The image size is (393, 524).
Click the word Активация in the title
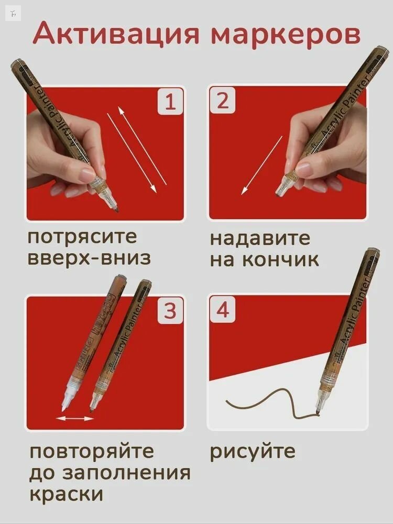pos(116,35)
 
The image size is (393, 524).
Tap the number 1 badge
pos(170,102)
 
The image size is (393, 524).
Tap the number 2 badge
pos(223,101)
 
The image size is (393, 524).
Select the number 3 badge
pos(170,311)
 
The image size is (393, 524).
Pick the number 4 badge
pos(223,310)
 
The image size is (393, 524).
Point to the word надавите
pos(260,239)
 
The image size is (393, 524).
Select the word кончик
pos(280,260)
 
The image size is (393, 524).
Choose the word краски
pos(66,494)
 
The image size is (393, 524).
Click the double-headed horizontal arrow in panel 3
pos(75,418)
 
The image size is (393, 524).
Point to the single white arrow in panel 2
pos(261,166)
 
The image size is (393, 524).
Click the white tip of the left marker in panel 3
pos(65,400)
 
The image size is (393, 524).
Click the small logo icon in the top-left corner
pos(14,14)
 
